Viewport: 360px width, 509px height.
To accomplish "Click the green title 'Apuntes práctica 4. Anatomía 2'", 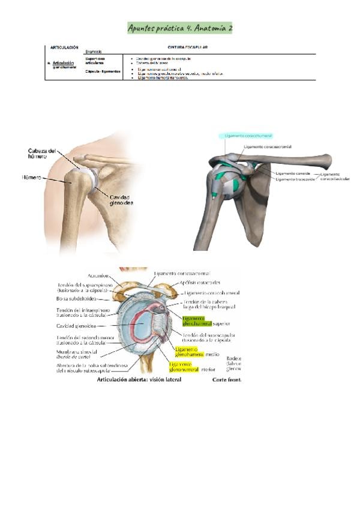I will tap(181, 28).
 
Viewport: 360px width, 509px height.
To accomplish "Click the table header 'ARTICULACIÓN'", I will tap(64, 46).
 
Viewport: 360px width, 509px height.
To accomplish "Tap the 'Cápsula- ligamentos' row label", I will tap(103, 71).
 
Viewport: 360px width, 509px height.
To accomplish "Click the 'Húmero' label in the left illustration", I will tap(32, 178).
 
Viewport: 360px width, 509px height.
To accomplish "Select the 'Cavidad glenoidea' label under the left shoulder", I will tap(121, 200).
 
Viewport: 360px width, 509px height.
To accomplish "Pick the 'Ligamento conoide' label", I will tap(293, 173).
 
